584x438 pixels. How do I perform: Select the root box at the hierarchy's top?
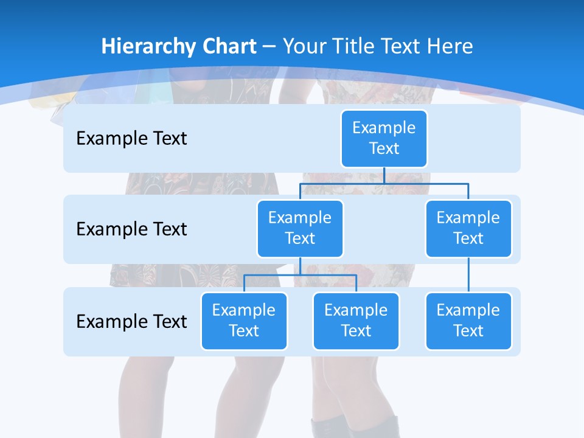(x=384, y=138)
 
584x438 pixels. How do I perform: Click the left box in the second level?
(x=300, y=228)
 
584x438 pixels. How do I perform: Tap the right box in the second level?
(x=468, y=228)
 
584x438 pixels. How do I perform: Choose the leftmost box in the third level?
(x=244, y=321)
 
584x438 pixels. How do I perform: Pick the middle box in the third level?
(x=356, y=321)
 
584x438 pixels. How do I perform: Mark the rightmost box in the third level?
(x=468, y=321)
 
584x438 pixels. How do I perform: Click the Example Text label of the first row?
(x=131, y=139)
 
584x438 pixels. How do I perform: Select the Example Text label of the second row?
(x=131, y=229)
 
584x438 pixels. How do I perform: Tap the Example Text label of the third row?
(x=131, y=321)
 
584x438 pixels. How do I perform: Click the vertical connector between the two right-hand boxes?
(x=468, y=275)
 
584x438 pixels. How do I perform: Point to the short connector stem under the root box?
(x=384, y=175)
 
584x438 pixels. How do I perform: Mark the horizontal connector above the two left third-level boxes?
(x=300, y=275)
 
